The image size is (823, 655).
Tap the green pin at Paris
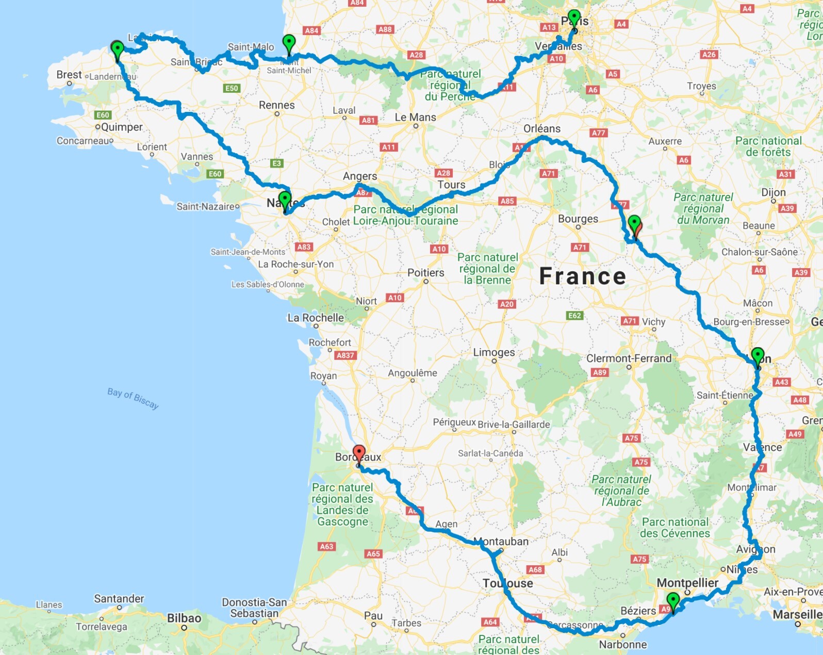coord(574,18)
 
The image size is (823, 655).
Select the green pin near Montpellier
coord(673,601)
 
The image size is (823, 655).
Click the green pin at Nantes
coord(285,200)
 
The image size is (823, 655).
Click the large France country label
coord(583,276)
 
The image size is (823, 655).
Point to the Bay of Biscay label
coord(133,398)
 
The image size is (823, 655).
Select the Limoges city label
coord(494,352)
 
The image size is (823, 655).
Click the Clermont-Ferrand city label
coord(629,358)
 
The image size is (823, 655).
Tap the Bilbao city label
coord(184,618)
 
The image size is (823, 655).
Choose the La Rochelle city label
coord(316,318)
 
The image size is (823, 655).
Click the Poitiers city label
coord(425,273)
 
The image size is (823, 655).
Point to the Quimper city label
coord(122,127)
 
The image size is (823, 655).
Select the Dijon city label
coord(773,192)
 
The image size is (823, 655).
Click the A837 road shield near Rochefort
coord(345,355)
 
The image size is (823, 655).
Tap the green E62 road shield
coord(574,316)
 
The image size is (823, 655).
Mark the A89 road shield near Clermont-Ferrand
coord(600,372)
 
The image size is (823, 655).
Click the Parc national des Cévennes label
coord(675,528)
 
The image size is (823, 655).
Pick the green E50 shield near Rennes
coord(232,88)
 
